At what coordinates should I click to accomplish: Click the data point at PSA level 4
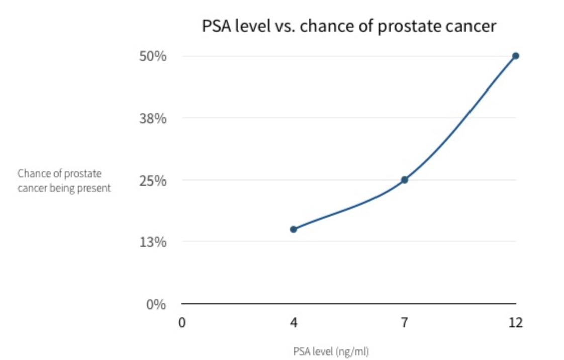click(x=293, y=229)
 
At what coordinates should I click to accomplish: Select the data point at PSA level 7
click(x=404, y=179)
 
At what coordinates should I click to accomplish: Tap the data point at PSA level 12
click(x=515, y=56)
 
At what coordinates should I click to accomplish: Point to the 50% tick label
click(x=152, y=56)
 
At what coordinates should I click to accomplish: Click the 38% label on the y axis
click(x=152, y=119)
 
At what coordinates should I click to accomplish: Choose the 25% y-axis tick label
click(x=152, y=181)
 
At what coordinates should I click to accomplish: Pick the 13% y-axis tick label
click(x=152, y=242)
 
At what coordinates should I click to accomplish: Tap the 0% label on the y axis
click(x=156, y=304)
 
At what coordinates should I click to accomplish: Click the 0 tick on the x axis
click(x=182, y=322)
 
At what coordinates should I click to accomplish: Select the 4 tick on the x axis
click(x=293, y=322)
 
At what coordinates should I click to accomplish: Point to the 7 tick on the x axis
click(x=404, y=322)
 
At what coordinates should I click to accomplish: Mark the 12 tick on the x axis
click(x=515, y=322)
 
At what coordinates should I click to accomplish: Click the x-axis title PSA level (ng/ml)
click(x=331, y=351)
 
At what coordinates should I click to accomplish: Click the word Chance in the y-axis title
click(x=31, y=174)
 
